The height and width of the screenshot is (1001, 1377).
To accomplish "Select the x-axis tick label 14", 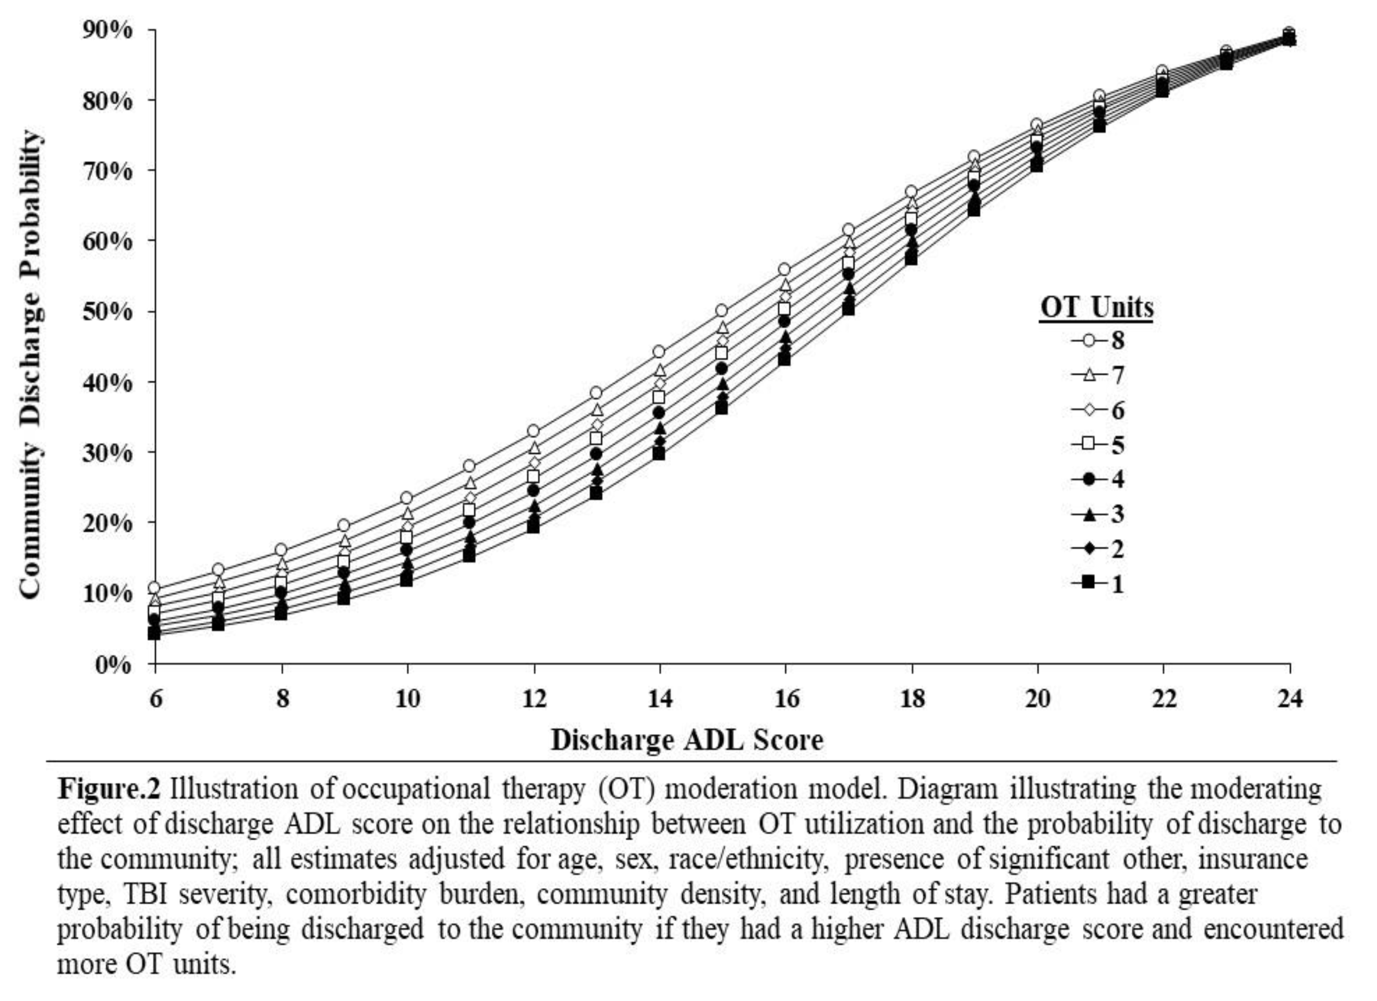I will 659,699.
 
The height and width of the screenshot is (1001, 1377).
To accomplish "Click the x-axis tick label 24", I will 1289,699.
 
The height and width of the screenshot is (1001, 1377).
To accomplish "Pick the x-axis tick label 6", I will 155,699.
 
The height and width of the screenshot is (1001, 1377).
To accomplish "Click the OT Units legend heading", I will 1096,307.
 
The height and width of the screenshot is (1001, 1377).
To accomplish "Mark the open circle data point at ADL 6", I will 154,588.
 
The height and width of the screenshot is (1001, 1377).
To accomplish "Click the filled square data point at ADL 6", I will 154,633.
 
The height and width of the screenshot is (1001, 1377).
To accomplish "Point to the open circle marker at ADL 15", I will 721,311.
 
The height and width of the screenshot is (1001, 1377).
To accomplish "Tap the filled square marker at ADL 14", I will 659,453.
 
